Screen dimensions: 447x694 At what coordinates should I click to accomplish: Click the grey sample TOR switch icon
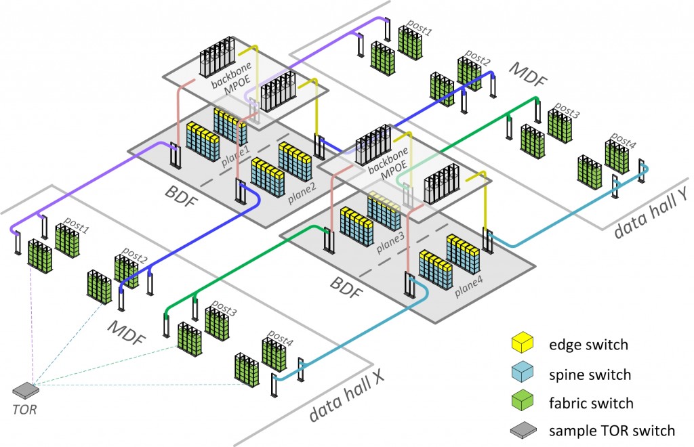(26, 389)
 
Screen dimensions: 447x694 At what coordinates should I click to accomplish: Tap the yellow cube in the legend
(521, 345)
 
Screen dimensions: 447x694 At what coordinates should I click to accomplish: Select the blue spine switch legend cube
(521, 374)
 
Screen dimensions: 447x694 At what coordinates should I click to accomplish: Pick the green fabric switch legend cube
(521, 402)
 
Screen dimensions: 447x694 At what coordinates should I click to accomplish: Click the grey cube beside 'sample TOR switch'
(521, 431)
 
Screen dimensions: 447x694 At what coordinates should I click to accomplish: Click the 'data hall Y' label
(648, 221)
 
